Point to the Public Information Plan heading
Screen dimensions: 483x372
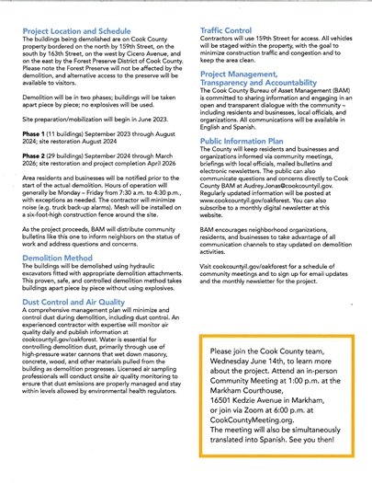click(247, 140)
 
